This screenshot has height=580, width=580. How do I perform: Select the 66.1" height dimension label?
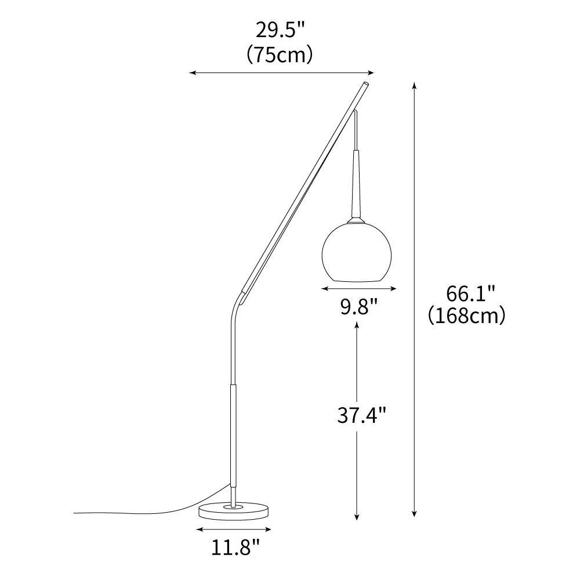click(470, 293)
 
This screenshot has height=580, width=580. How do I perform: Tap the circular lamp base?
click(235, 510)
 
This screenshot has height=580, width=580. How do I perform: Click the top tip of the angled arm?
click(367, 85)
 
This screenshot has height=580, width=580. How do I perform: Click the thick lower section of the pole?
click(234, 435)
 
